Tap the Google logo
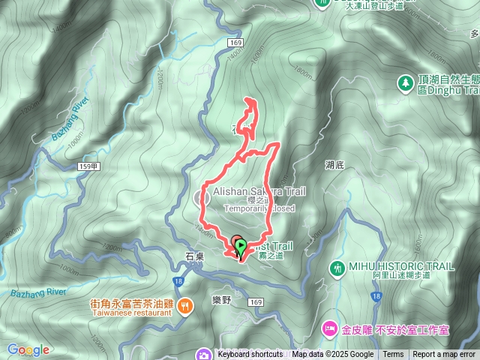click(28, 349)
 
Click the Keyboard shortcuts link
click(250, 355)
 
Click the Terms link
click(393, 355)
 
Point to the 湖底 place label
click(335, 164)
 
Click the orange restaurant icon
click(185, 304)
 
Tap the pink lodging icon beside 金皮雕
click(328, 328)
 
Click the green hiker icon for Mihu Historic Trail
click(337, 267)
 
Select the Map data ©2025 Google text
click(333, 355)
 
